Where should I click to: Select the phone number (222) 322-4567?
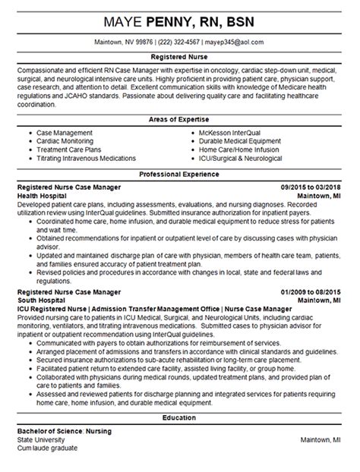180,42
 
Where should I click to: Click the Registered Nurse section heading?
180,57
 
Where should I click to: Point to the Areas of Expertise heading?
180,121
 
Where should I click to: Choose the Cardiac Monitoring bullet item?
68,141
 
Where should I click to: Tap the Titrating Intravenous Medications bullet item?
87,159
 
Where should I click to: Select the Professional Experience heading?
180,174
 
